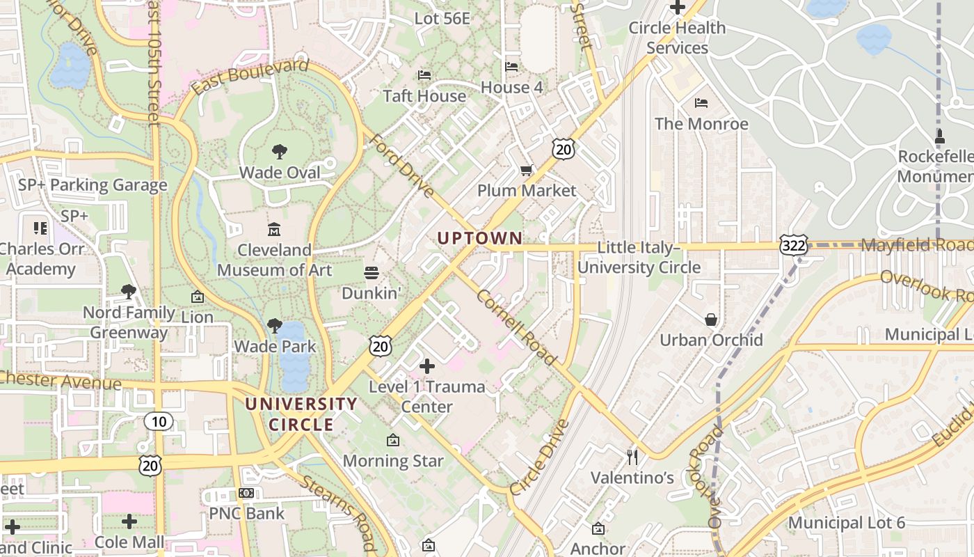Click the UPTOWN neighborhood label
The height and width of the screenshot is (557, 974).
pos(479,238)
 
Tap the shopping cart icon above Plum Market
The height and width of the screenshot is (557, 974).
pos(527,171)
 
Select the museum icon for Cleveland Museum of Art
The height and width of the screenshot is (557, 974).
pos(274,229)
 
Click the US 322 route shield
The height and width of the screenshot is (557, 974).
pos(795,246)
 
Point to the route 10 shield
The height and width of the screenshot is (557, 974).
pos(159,421)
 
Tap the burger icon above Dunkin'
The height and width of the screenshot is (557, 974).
pos(372,272)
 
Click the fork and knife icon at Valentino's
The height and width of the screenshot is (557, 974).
pos(632,457)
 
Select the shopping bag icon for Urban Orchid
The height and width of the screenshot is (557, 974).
pos(711,320)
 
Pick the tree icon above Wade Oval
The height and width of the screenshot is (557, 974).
pos(280,151)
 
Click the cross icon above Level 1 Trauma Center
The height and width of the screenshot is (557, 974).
pos(427,366)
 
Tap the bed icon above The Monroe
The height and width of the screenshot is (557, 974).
pos(701,103)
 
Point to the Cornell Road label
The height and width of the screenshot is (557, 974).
pos(516,327)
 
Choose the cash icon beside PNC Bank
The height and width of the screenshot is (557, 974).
pos(246,493)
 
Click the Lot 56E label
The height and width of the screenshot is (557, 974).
pos(442,19)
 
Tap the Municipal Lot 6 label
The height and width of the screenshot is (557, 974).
pos(846,523)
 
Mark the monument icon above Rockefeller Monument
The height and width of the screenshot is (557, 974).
pos(940,136)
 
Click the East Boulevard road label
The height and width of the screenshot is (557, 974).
pos(249,77)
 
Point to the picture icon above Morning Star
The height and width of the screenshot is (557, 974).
pos(393,440)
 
